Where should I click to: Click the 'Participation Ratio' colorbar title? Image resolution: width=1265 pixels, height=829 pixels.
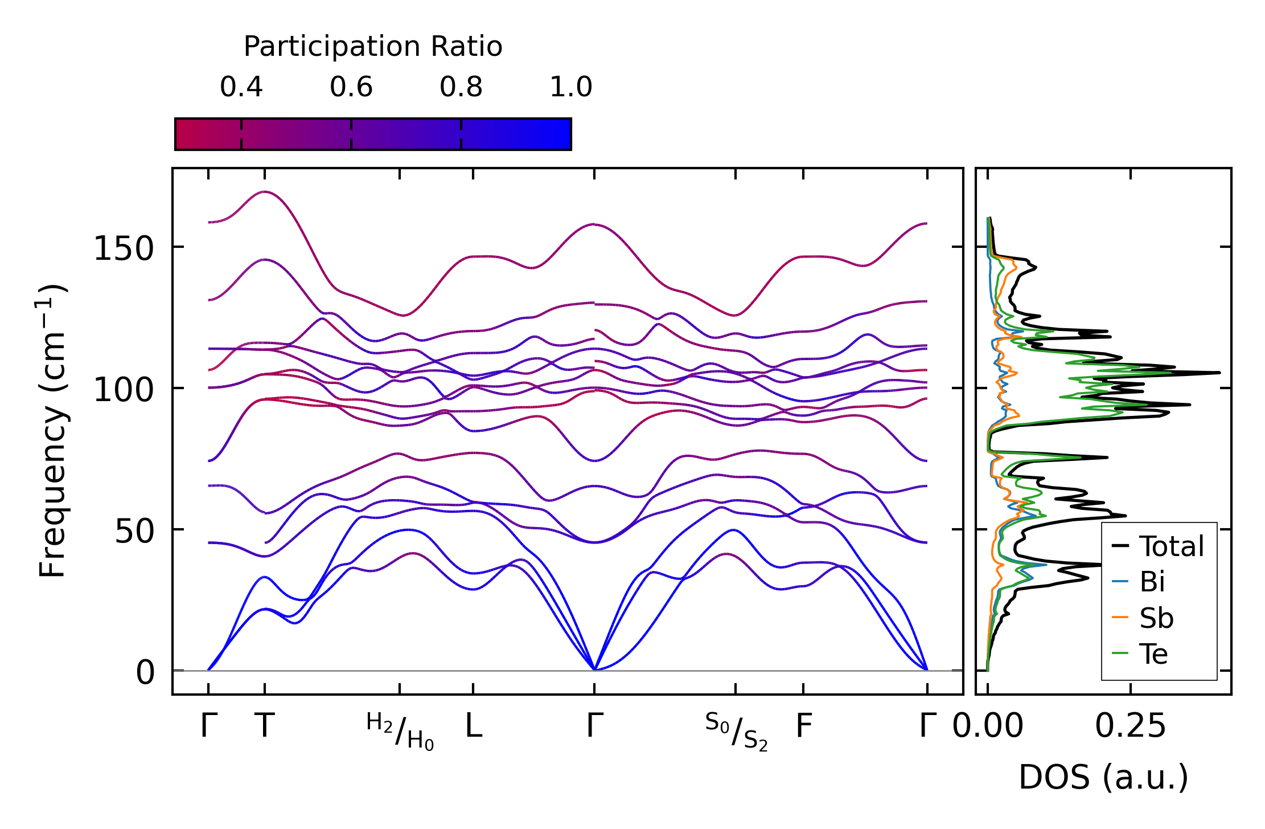pos(373,47)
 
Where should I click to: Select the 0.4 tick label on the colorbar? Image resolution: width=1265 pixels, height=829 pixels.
pos(241,87)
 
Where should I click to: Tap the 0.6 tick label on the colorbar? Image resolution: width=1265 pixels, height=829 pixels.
pos(351,87)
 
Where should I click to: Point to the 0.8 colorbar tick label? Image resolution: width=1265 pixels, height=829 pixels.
pos(461,87)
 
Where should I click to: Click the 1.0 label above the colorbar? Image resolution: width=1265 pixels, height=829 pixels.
pos(571,87)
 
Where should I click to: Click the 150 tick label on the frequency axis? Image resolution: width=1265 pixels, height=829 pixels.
pos(124,249)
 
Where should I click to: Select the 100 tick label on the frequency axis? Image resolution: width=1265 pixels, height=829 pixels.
pos(124,390)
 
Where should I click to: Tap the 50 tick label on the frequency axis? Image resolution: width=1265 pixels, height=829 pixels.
pos(134,532)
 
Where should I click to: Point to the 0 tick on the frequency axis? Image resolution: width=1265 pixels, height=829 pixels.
pos(145,673)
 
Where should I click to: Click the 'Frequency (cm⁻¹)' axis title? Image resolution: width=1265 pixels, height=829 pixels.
pos(52,431)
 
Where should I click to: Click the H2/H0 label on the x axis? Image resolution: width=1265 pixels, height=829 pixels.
pos(400,732)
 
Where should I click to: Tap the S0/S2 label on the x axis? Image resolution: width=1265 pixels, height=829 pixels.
pos(736,732)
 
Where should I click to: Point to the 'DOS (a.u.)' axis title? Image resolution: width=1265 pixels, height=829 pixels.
pos(1103,777)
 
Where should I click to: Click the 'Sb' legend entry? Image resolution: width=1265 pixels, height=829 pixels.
pos(1156,618)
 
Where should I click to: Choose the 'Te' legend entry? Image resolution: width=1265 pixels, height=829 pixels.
pos(1153,654)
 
